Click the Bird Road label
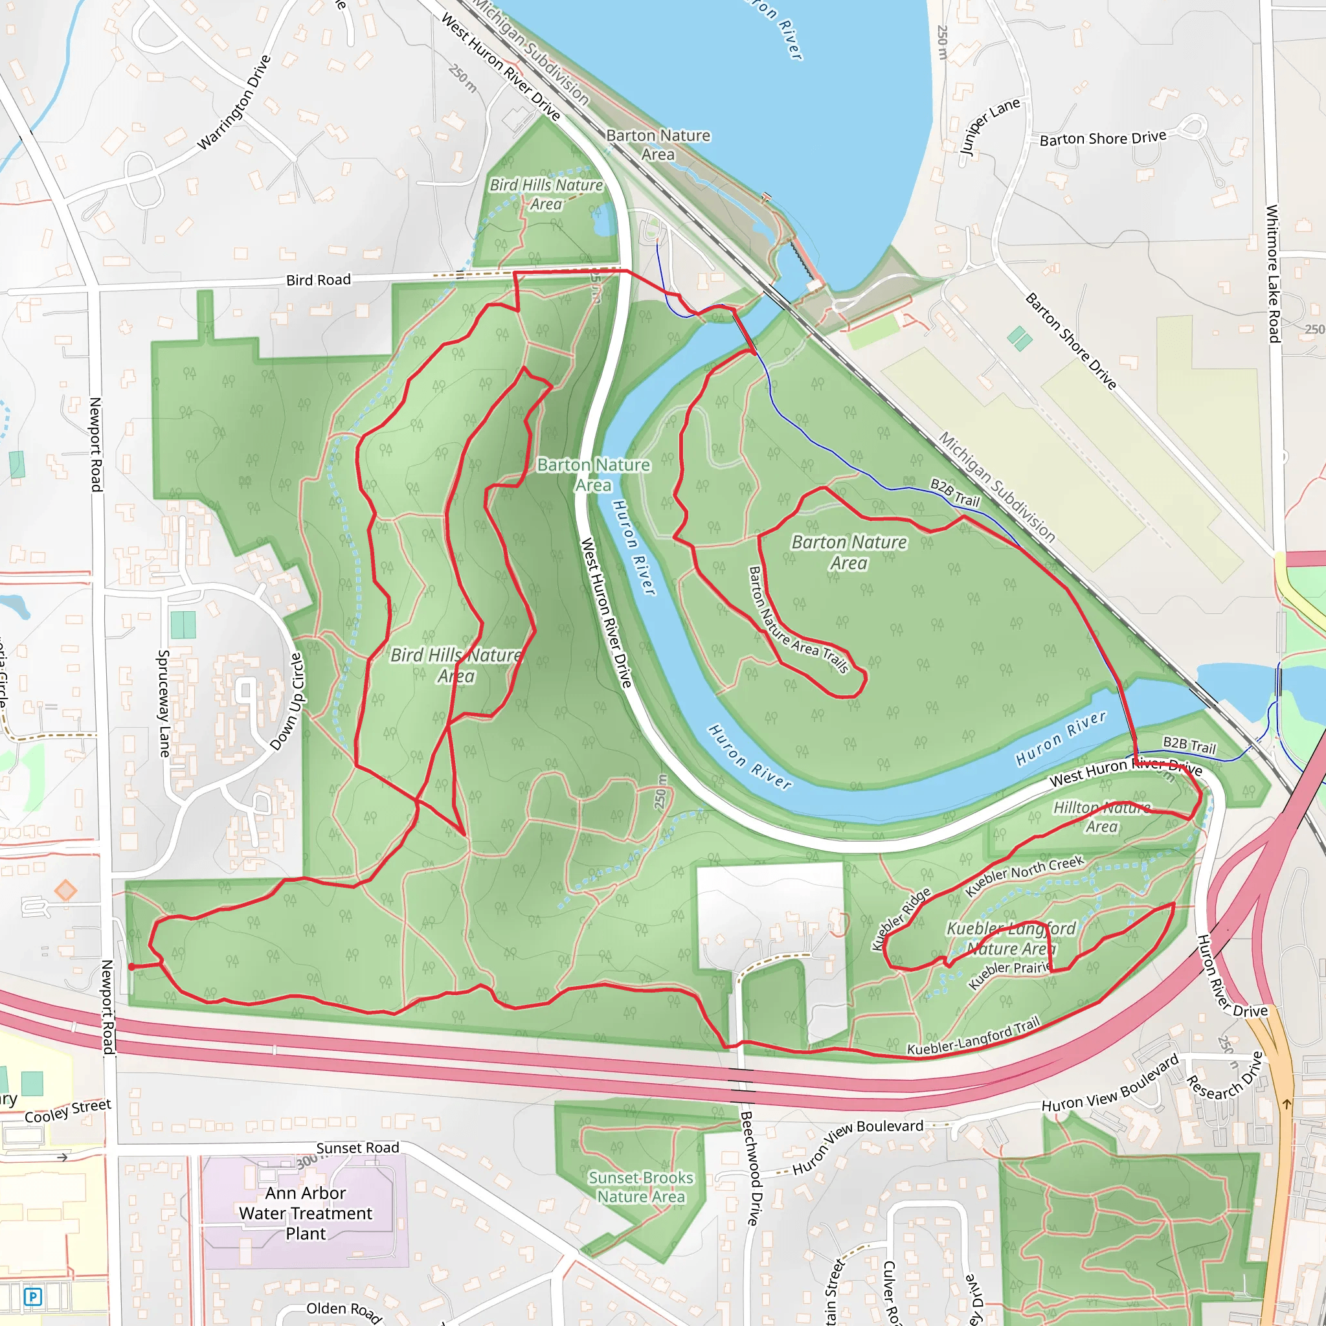click(319, 280)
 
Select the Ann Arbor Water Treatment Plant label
click(306, 1213)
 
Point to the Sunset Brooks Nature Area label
click(641, 1187)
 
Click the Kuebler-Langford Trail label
click(973, 1037)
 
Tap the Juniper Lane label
click(990, 127)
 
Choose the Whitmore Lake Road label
click(1272, 274)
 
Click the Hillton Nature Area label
click(1101, 816)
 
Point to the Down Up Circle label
click(286, 701)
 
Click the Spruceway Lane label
click(164, 704)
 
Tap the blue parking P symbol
click(32, 1296)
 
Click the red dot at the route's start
click(131, 967)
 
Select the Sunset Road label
click(357, 1147)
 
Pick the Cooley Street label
click(67, 1111)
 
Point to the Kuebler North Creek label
click(1024, 876)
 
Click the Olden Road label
click(343, 1311)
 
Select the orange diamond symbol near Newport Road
click(66, 891)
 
